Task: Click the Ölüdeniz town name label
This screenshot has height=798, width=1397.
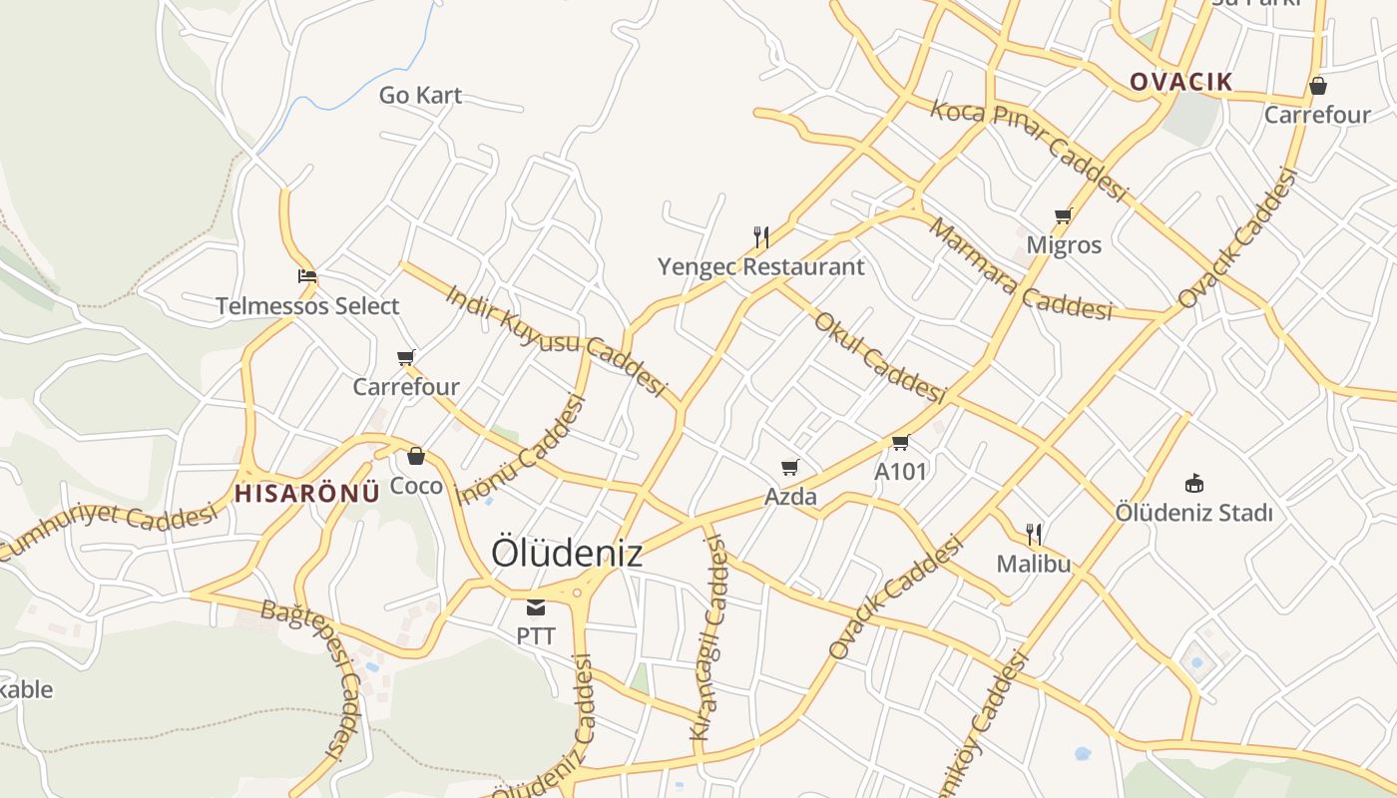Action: point(566,554)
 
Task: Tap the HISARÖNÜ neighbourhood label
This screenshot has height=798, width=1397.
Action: point(307,492)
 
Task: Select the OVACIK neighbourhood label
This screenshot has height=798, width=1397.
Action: point(1181,82)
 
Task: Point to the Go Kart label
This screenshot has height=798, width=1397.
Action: point(420,96)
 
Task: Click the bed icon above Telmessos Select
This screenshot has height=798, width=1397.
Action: point(307,275)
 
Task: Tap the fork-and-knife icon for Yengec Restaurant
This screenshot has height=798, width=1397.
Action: point(761,236)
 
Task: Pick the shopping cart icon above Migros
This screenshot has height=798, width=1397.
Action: point(1064,215)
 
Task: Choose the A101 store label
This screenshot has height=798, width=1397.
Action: point(900,471)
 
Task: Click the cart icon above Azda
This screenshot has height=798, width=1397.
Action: point(790,466)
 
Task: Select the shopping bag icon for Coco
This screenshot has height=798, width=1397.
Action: point(416,456)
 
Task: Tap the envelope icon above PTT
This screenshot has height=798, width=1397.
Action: point(536,605)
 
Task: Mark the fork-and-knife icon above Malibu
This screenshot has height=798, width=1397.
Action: point(1034,534)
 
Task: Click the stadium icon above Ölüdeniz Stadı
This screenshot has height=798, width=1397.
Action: point(1193,483)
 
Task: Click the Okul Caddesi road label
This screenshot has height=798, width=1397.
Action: point(879,356)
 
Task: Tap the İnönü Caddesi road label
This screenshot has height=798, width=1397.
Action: point(520,450)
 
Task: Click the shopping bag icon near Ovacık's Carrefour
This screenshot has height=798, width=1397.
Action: point(1318,86)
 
